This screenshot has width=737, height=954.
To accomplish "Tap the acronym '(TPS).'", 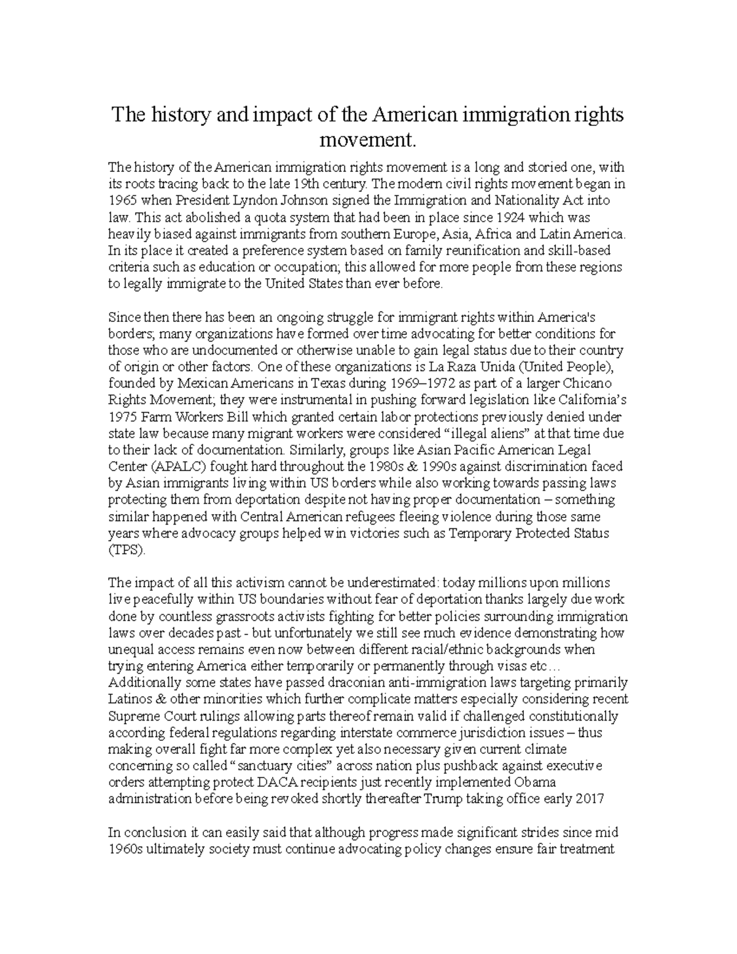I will point(128,549).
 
